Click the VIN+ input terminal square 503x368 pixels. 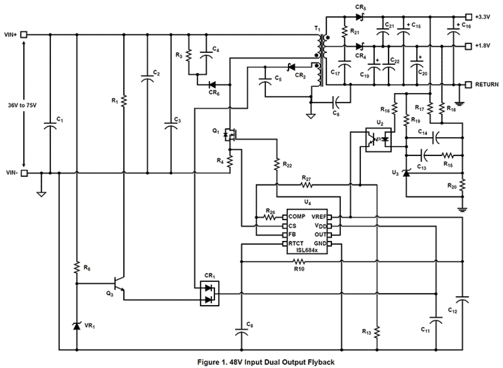pyautogui.click(x=24, y=34)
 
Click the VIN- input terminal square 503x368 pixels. pyautogui.click(x=24, y=173)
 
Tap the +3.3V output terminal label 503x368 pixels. pyautogui.click(x=483, y=17)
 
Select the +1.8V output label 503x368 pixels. pyautogui.click(x=483, y=46)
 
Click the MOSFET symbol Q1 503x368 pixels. pyautogui.click(x=229, y=134)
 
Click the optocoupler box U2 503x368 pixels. pyautogui.click(x=378, y=140)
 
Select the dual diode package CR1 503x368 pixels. pyautogui.click(x=209, y=293)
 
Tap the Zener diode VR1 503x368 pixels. pyautogui.click(x=76, y=326)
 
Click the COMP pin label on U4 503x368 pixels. pyautogui.click(x=297, y=216)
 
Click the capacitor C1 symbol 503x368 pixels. pyautogui.click(x=50, y=125)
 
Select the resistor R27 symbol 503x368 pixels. pyautogui.click(x=306, y=185)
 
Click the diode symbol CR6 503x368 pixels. pyautogui.click(x=213, y=85)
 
